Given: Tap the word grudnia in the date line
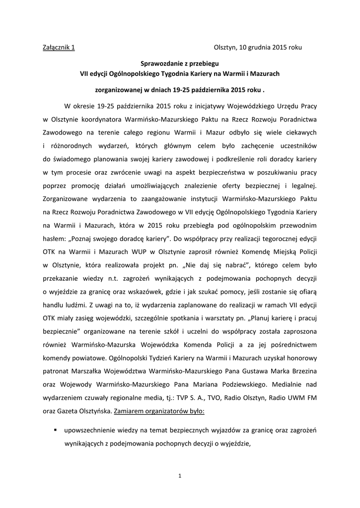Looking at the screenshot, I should point(258,48).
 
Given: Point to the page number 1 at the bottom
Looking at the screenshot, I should point(180,477).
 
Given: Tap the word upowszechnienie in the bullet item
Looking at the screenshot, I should point(97,431).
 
